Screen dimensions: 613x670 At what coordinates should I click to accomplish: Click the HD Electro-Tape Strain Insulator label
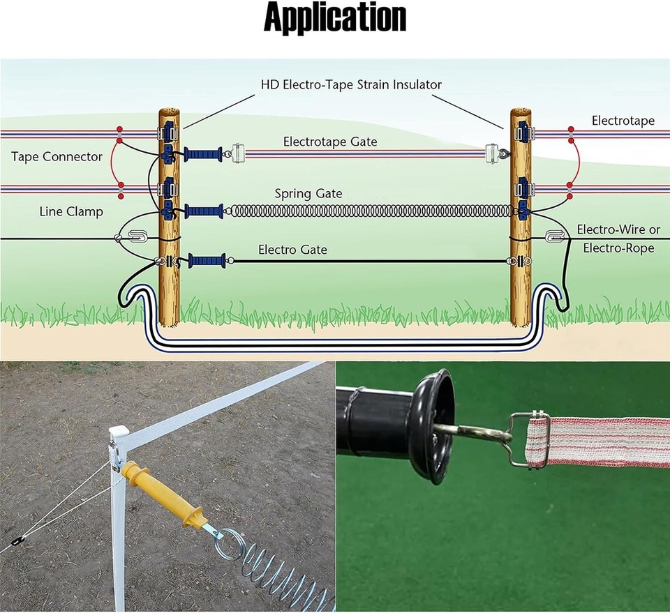coord(351,84)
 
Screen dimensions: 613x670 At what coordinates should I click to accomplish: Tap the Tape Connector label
coord(57,156)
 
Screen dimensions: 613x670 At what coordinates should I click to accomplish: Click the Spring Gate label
coord(308,193)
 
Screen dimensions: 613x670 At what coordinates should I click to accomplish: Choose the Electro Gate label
coord(292,249)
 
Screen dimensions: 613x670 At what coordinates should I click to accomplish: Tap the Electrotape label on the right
coord(623,121)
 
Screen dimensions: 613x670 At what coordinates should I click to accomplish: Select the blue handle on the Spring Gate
coord(204,210)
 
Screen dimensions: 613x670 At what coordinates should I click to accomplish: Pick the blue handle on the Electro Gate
coord(207,262)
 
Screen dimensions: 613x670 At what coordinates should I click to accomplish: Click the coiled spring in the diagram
coord(370,210)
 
